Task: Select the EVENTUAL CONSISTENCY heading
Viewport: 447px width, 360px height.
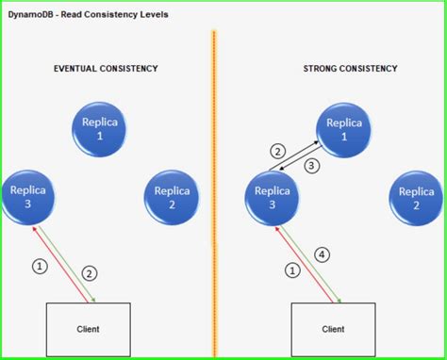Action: click(106, 69)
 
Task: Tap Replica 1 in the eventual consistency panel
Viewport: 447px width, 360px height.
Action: click(101, 130)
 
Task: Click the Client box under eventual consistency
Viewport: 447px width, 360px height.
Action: click(89, 328)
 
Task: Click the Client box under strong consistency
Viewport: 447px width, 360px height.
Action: click(333, 328)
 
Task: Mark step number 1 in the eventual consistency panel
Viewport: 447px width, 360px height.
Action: click(39, 267)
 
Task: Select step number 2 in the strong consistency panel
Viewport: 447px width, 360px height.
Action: click(277, 151)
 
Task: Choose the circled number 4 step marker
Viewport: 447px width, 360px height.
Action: click(322, 254)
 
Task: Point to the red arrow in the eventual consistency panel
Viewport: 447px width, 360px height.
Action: click(64, 265)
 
